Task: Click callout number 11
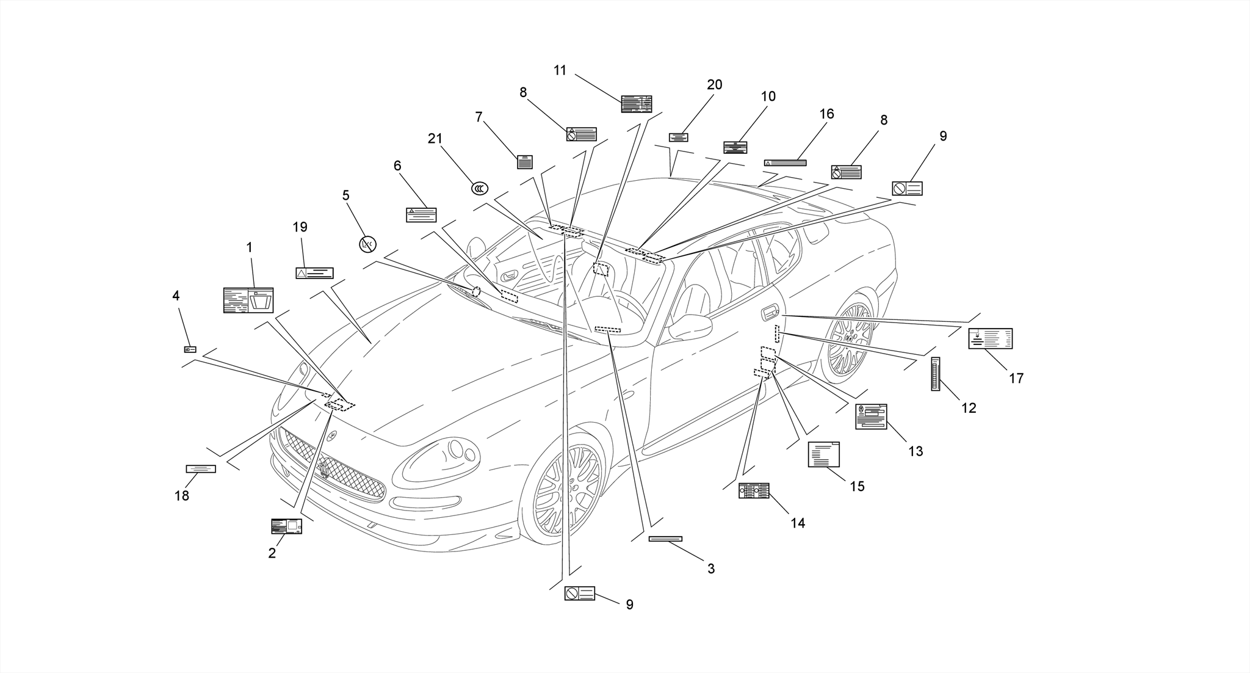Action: (560, 70)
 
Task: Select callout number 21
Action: (435, 139)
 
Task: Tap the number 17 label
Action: (1016, 379)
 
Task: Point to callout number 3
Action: (710, 569)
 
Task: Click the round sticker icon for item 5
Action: (367, 244)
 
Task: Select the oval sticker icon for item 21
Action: (480, 189)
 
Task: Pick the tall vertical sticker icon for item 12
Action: (935, 374)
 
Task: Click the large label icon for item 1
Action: (248, 300)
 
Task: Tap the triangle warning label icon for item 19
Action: (314, 273)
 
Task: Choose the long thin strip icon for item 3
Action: (665, 539)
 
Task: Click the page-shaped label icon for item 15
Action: (823, 454)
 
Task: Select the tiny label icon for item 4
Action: (190, 349)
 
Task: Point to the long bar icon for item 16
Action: (785, 163)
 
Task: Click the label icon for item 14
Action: (754, 490)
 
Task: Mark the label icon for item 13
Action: (871, 417)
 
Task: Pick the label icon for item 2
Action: (286, 526)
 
